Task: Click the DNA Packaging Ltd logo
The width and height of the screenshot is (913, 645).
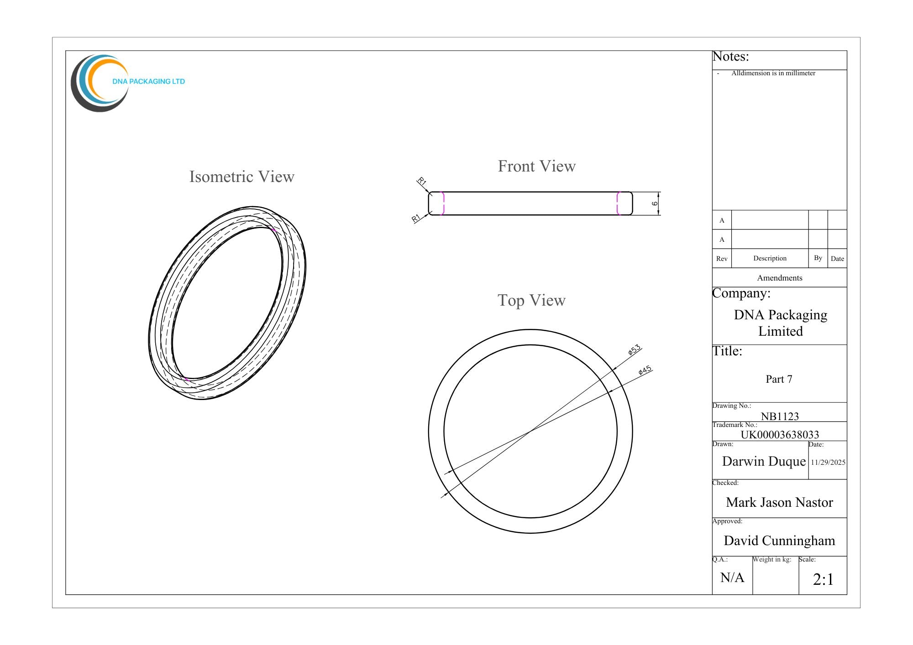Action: pyautogui.click(x=128, y=83)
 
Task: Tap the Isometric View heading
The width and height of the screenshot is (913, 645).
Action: pyautogui.click(x=242, y=177)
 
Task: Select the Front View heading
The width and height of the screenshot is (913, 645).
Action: pyautogui.click(x=536, y=166)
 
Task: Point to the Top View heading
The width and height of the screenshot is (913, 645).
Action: pyautogui.click(x=531, y=300)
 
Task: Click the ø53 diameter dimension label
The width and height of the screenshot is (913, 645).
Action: pyautogui.click(x=635, y=350)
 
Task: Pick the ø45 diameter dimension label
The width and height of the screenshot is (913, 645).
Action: pyautogui.click(x=645, y=370)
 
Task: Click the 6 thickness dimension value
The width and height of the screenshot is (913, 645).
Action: pyautogui.click(x=655, y=203)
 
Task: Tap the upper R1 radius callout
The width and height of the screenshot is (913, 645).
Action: pyautogui.click(x=422, y=182)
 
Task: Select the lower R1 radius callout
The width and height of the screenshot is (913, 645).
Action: pyautogui.click(x=415, y=218)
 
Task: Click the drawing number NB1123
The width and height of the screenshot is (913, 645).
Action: pyautogui.click(x=780, y=416)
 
